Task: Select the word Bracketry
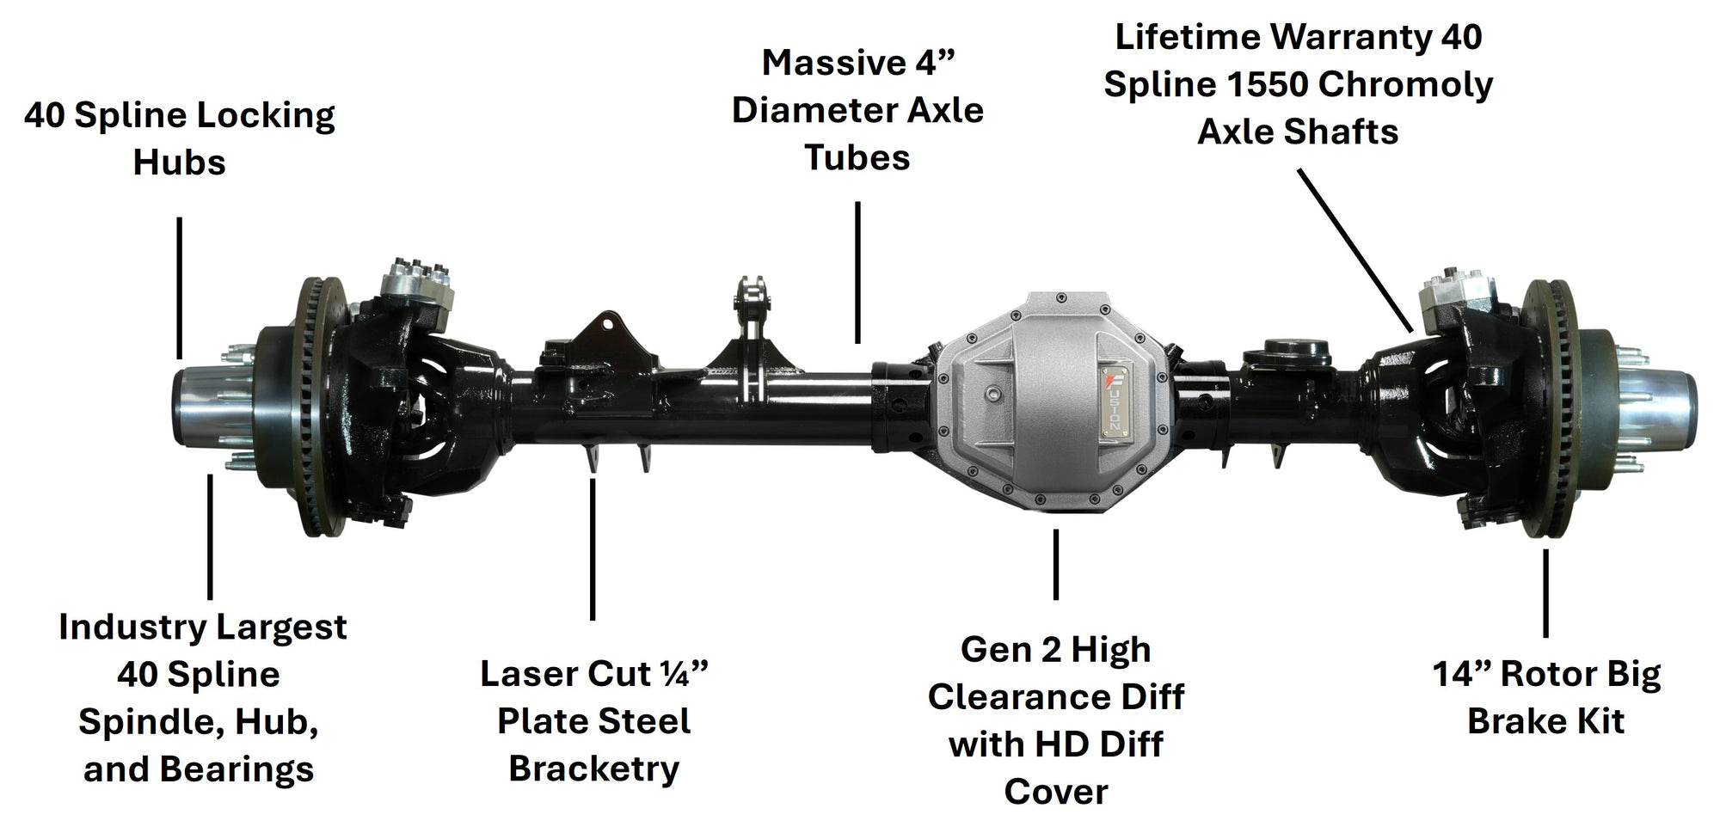pos(594,769)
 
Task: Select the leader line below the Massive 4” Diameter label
pos(857,273)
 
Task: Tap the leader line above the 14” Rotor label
pos(1545,593)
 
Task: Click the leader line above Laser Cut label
pos(593,548)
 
